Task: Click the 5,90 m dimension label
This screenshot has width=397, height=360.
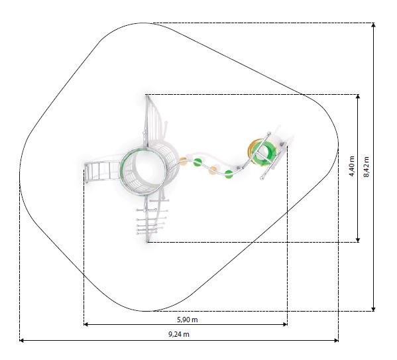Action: [187, 320]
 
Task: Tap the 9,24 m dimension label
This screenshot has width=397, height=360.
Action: [179, 334]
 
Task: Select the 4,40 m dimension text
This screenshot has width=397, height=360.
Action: [352, 166]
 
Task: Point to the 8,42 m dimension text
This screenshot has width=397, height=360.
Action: [367, 167]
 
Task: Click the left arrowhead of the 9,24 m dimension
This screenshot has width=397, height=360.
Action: [21, 341]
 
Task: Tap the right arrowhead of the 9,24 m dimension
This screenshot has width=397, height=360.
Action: [337, 341]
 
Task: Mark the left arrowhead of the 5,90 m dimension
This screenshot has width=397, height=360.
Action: [86, 324]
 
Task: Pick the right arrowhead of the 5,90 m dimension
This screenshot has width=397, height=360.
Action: [285, 324]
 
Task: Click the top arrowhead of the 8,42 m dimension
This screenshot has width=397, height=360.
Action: [373, 25]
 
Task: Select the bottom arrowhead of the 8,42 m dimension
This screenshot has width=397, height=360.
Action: [373, 309]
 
